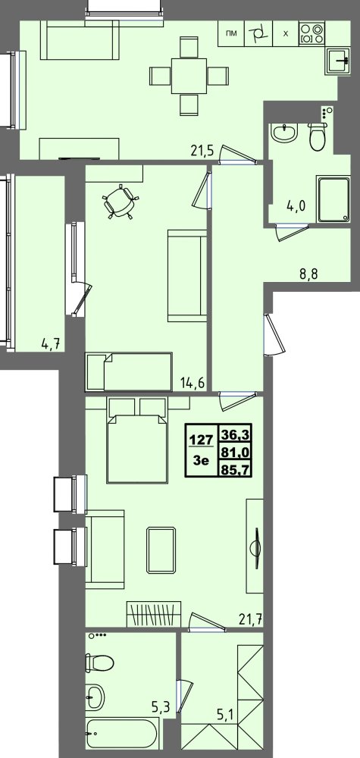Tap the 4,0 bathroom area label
point(296,205)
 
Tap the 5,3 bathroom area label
point(160,708)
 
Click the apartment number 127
point(200,437)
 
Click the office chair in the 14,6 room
point(121,201)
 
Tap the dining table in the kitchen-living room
point(188,75)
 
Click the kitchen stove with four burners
point(311,33)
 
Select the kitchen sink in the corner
point(339,58)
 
